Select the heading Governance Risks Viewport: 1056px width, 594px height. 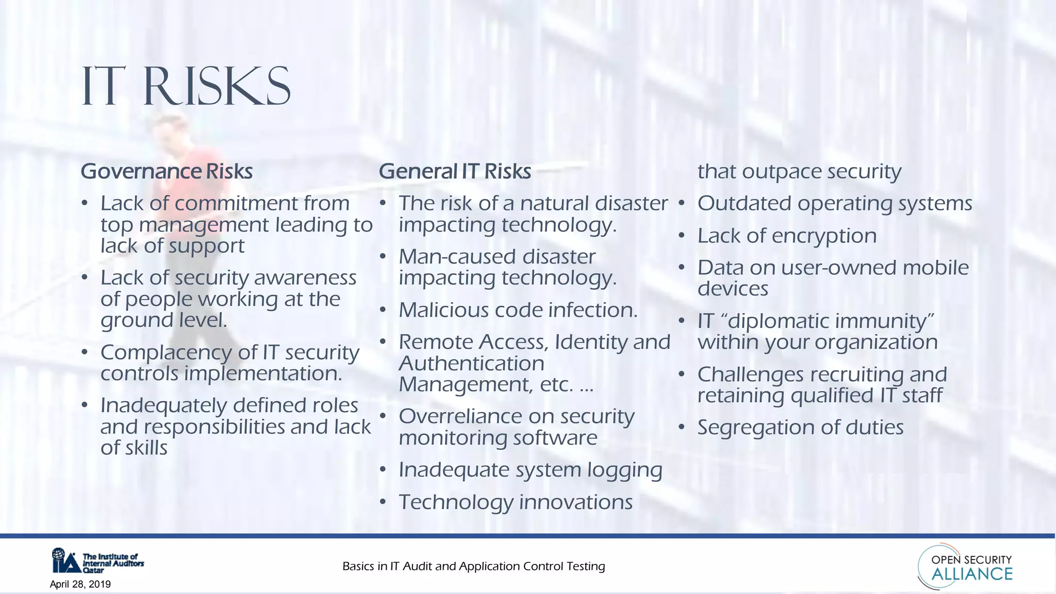pyautogui.click(x=167, y=171)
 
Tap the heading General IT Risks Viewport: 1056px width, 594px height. pyautogui.click(x=455, y=171)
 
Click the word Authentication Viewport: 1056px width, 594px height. pyautogui.click(x=471, y=364)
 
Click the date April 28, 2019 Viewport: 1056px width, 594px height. pyautogui.click(x=80, y=584)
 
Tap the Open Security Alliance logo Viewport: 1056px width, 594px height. pyautogui.click(x=965, y=566)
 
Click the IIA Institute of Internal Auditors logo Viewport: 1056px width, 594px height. pyautogui.click(x=97, y=561)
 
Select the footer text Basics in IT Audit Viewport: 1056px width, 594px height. pyautogui.click(x=473, y=566)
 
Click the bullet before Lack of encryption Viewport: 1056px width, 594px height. pyautogui.click(x=681, y=236)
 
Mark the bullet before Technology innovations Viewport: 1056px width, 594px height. pyautogui.click(x=383, y=502)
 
